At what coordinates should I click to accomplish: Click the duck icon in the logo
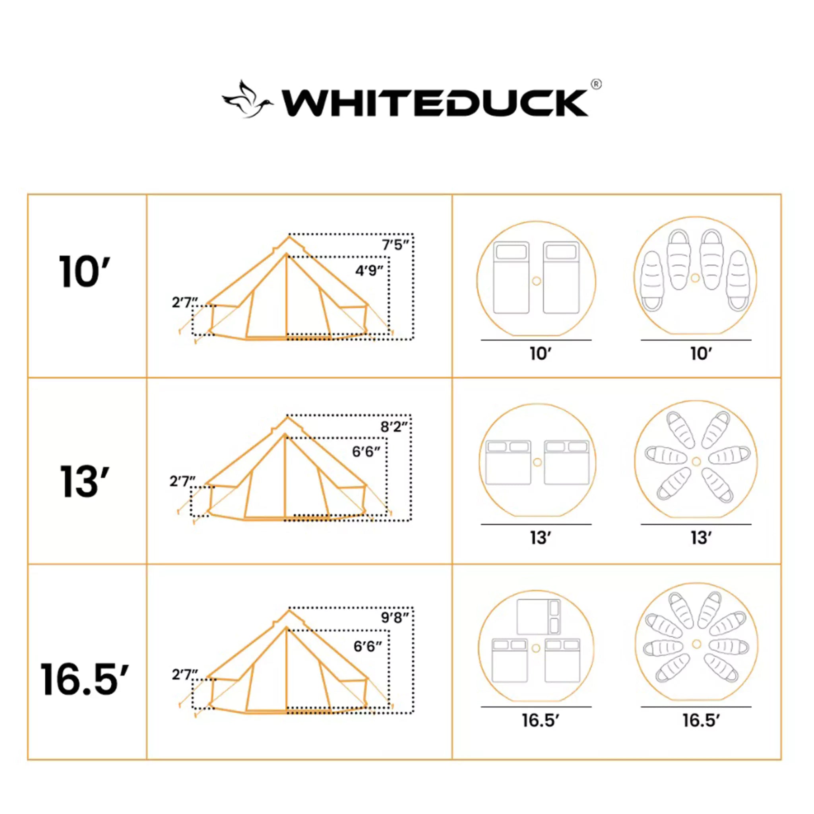[x=247, y=100]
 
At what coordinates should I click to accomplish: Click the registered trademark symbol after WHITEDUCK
[x=596, y=84]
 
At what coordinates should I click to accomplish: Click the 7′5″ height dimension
[x=395, y=245]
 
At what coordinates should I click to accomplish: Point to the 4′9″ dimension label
[x=369, y=271]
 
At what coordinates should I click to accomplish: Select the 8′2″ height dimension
[x=394, y=427]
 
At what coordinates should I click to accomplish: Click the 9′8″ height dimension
[x=394, y=618]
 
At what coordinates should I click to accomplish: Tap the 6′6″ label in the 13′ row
[x=366, y=452]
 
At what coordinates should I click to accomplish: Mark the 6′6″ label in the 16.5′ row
[x=367, y=646]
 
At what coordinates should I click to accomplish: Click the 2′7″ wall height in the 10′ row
[x=184, y=302]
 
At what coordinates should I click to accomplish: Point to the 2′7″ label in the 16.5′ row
[x=184, y=674]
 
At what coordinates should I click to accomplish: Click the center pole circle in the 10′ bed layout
[x=536, y=281]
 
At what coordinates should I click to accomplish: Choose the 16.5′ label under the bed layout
[x=540, y=720]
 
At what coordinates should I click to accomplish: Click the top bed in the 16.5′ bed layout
[x=539, y=617]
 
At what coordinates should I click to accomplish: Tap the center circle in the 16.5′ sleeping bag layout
[x=696, y=644]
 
